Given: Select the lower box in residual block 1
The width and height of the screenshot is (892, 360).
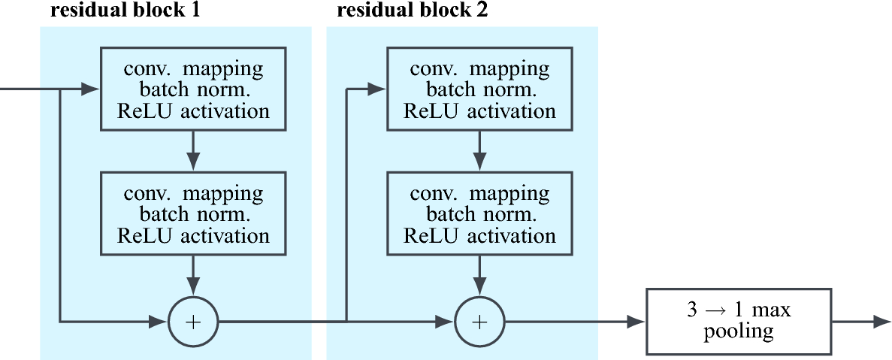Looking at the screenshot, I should click(x=194, y=214).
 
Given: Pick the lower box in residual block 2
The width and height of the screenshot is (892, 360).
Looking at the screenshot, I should click(x=479, y=214).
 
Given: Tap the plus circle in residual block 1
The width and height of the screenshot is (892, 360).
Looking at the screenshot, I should click(x=194, y=322).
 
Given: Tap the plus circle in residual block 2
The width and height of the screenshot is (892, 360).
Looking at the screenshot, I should click(x=479, y=322).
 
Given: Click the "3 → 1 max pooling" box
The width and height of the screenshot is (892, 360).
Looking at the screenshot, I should click(x=739, y=322).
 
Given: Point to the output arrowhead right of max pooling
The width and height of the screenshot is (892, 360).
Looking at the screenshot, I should click(x=882, y=322).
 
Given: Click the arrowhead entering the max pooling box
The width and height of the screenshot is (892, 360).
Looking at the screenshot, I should click(x=636, y=322).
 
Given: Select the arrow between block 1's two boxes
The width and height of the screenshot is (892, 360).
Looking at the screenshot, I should click(x=194, y=151).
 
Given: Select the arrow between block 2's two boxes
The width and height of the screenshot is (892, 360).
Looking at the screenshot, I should click(x=479, y=151).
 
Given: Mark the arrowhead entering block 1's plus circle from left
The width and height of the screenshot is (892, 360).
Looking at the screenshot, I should click(x=159, y=322).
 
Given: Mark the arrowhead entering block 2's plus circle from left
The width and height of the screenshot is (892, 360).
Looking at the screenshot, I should click(x=445, y=322).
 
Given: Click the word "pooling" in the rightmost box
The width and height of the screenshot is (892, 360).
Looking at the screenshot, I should click(x=739, y=331).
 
